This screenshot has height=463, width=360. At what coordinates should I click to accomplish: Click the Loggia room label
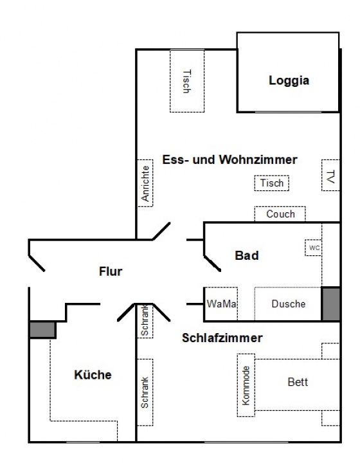point(289,80)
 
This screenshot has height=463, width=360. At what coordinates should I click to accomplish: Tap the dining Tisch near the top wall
point(187,81)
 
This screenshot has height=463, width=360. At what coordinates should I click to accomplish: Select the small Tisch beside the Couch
point(272,183)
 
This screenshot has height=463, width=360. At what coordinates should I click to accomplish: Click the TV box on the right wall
point(331,176)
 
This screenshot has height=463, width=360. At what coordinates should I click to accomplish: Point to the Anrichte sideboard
point(145,183)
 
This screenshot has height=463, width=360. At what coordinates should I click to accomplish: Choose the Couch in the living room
point(280,214)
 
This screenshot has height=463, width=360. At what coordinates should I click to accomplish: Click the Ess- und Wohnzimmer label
point(230,159)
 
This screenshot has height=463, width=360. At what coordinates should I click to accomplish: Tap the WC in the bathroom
point(313,248)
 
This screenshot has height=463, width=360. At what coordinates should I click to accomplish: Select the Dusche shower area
point(288,304)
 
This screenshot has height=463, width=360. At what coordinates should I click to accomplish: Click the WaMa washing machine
point(221,304)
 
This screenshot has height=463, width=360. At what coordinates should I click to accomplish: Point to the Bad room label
point(247,256)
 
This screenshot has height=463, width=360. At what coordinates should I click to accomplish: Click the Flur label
point(111,271)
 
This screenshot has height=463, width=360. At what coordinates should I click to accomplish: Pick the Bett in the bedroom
point(298,385)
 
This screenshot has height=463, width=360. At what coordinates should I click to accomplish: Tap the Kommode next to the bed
point(246,385)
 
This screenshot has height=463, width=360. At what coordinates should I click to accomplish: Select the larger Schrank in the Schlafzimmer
point(145,392)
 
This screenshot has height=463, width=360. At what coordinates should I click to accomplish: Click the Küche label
point(93,375)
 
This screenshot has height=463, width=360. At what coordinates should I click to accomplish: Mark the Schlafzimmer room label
point(222,338)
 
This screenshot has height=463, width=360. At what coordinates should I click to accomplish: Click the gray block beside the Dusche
point(331,304)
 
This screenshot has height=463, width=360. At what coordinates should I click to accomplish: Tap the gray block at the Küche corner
point(43,330)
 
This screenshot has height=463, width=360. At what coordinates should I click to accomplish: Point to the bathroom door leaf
point(212,264)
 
